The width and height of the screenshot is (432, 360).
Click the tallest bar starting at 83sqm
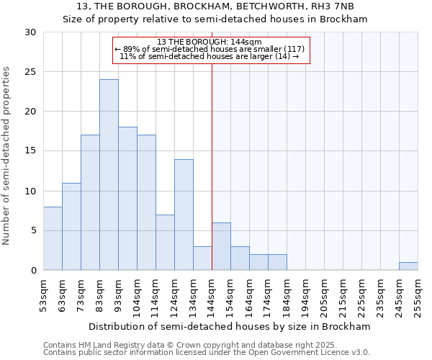click(x=109, y=175)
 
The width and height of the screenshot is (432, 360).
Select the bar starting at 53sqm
click(x=53, y=238)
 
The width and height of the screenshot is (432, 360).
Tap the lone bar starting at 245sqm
click(x=408, y=266)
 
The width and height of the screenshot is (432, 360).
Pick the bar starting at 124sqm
click(x=184, y=215)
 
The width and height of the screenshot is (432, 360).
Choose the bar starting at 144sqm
click(x=221, y=246)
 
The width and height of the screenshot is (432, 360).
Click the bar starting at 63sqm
click(x=71, y=227)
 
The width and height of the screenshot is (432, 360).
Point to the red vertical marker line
click(x=212, y=166)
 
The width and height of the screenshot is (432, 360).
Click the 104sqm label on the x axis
click(x=137, y=296)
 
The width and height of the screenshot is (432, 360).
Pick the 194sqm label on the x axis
click(x=305, y=296)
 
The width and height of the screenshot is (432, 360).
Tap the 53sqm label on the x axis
click(x=43, y=296)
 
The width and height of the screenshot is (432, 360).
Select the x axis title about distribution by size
click(x=230, y=326)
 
